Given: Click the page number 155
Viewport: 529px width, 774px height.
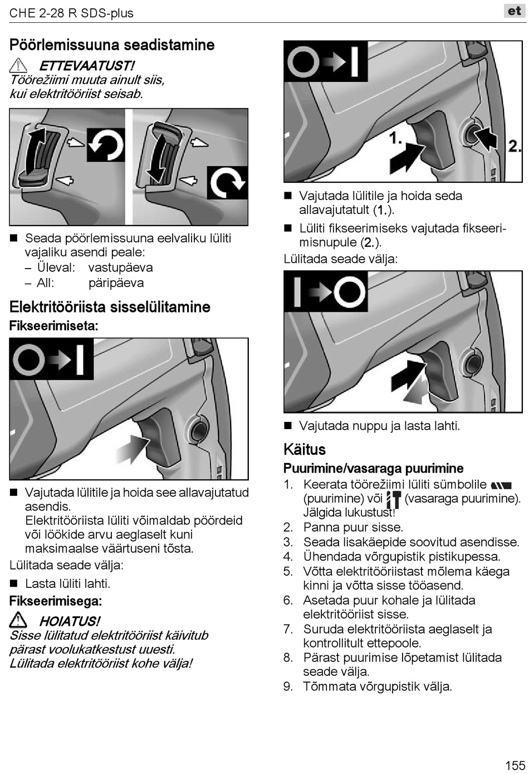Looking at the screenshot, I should click(515, 765).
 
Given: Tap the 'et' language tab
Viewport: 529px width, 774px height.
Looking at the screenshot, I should click(514, 11).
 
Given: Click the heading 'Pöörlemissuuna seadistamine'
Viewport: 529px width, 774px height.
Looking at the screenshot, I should click(112, 45).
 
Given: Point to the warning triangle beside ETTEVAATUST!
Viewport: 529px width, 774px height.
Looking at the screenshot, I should click(18, 65).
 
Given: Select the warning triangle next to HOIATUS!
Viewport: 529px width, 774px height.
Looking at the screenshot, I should click(18, 620).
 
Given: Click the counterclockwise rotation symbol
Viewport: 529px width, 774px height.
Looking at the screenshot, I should click(106, 145).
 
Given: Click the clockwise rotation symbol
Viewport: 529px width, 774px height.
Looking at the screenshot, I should click(227, 182).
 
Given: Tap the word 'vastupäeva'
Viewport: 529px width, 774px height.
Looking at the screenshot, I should click(120, 267).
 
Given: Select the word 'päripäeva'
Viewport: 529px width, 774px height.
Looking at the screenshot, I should click(116, 283).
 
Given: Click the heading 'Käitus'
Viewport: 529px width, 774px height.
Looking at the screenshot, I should click(304, 449).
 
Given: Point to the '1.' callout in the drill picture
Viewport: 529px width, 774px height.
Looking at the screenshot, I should click(395, 138).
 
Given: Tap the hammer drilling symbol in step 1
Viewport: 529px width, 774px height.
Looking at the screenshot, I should click(393, 499).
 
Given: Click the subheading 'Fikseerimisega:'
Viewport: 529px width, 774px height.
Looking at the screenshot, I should click(56, 601).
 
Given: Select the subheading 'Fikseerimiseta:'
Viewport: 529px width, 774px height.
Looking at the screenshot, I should click(53, 326).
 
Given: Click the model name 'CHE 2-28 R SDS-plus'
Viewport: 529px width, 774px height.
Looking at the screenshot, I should click(71, 13).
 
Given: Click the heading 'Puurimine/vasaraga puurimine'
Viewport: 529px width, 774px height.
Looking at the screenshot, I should click(373, 468).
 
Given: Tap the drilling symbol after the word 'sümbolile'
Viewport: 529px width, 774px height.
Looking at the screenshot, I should click(501, 486).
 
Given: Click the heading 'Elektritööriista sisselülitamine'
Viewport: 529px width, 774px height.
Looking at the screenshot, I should click(110, 307).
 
